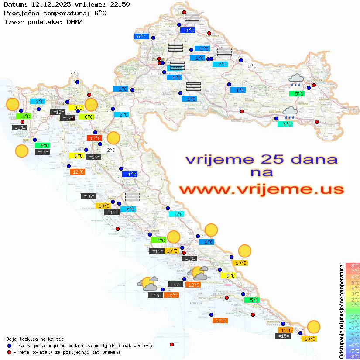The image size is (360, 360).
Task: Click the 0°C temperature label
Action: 141,37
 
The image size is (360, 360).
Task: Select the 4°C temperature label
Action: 285,124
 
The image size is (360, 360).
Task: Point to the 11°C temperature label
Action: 286,330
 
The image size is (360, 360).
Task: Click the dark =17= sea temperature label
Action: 175,285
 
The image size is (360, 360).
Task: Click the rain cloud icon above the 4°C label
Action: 290,113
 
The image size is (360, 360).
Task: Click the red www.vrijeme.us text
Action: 261,189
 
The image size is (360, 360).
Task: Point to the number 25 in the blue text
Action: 263,159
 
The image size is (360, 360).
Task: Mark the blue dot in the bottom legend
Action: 9,346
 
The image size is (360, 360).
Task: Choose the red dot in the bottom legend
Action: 9,352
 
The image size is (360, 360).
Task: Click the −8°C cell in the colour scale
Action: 352,356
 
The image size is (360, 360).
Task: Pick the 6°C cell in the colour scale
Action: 352,277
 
